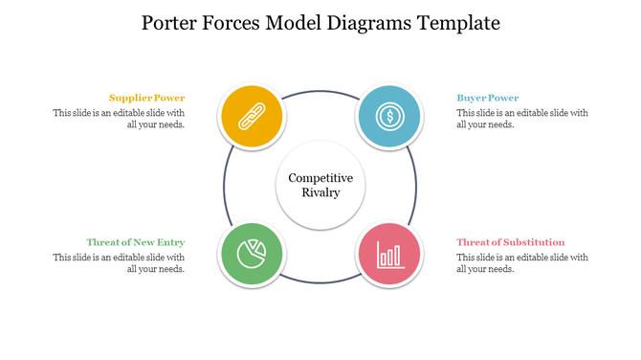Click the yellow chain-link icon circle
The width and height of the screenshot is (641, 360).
tap(252, 116)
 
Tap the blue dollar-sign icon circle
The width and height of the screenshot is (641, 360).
tap(388, 116)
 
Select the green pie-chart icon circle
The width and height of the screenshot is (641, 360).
tap(252, 255)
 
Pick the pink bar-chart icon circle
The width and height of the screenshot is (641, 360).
tap(388, 255)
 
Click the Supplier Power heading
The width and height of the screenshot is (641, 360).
tap(146, 98)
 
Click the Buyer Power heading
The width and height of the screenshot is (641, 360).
tap(488, 98)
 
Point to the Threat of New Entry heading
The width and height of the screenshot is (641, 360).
tap(135, 242)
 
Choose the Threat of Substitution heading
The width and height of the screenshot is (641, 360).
tap(510, 242)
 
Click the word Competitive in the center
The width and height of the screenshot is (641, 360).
tap(320, 178)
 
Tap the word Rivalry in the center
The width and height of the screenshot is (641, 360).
tap(320, 193)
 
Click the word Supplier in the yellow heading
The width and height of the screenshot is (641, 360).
tap(129, 98)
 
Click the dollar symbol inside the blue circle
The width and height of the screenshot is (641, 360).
tap(388, 116)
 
